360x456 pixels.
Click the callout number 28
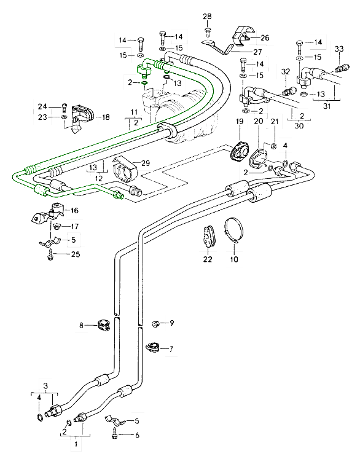207,17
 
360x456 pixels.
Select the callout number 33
339,49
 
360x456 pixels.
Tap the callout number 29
146,163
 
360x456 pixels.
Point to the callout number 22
208,259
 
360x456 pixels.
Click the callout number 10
234,259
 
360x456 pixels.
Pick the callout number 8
82,325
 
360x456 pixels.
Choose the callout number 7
171,348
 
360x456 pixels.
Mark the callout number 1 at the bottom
76,444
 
